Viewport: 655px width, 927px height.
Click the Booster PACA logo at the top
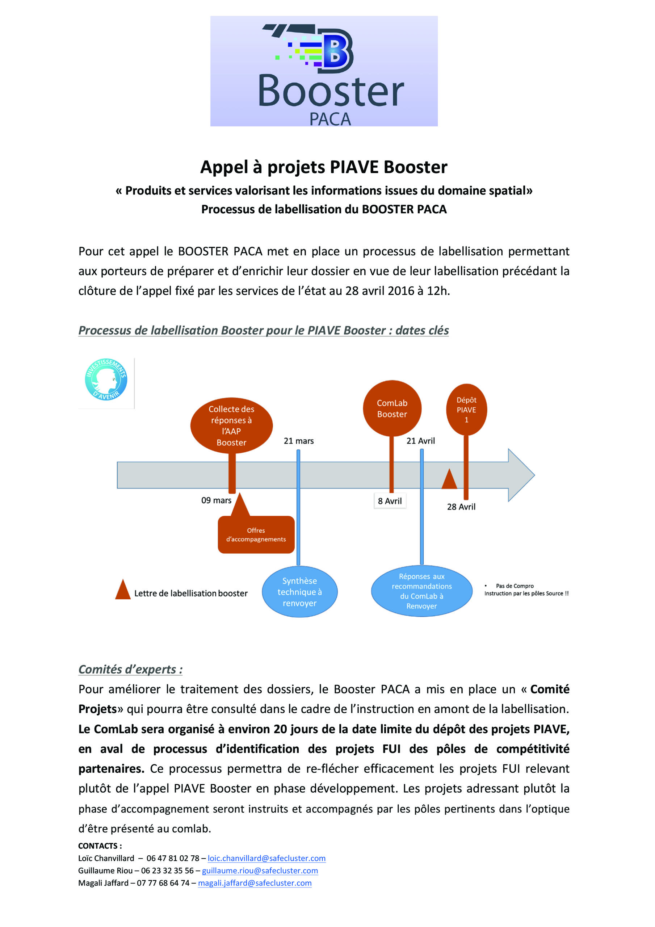coord(323,71)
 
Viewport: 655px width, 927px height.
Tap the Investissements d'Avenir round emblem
coord(106,379)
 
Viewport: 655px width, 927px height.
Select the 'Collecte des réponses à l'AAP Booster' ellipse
coord(231,425)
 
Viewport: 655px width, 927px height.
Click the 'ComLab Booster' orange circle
coord(392,408)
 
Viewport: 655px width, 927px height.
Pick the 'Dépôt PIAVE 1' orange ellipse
coord(466,410)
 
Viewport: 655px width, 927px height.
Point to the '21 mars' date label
coord(298,441)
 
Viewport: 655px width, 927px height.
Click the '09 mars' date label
coord(216,500)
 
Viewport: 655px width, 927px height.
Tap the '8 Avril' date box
coord(390,501)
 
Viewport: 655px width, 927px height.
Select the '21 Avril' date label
coord(420,441)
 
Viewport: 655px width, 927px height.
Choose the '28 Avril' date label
coord(461,507)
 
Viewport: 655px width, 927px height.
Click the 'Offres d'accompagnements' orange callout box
coord(256,534)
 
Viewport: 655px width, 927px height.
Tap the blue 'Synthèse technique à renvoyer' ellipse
coord(300,592)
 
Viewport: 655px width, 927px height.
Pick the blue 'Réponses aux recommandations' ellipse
coord(421,591)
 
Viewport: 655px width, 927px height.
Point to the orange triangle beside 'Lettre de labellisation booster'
coord(123,590)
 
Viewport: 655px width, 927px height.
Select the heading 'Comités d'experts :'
coord(130,670)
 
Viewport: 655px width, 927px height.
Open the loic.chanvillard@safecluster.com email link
coord(266,858)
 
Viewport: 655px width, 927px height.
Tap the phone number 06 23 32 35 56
coord(167,871)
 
